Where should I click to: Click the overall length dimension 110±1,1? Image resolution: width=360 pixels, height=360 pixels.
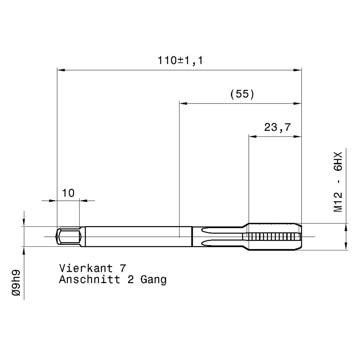(x=180, y=61)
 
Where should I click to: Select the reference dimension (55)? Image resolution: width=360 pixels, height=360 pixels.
(x=242, y=94)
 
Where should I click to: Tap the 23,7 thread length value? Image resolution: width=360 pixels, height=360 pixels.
(x=277, y=127)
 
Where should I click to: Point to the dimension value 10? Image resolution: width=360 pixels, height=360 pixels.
(x=68, y=193)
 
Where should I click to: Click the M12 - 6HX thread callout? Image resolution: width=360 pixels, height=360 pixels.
(x=338, y=182)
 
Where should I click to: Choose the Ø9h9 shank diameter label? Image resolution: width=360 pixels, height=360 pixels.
(x=16, y=283)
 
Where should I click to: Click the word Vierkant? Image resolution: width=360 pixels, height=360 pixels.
(x=86, y=268)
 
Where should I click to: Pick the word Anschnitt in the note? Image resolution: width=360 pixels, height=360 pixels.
(x=90, y=280)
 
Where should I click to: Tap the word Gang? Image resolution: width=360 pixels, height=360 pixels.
(x=154, y=280)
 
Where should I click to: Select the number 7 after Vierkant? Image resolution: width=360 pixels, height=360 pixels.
(x=123, y=268)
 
